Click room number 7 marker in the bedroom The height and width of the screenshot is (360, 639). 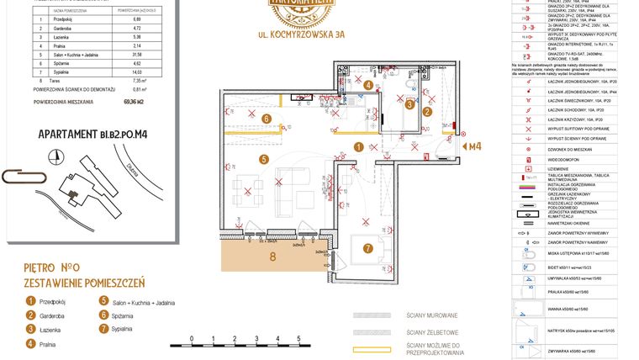pyautogui.click(x=367, y=248)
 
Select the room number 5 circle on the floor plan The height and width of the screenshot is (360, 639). pyautogui.click(x=263, y=158)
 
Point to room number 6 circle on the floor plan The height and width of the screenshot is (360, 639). pyautogui.click(x=266, y=119)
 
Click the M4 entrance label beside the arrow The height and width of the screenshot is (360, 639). pyautogui.click(x=475, y=146)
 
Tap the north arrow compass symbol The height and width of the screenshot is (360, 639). pyautogui.click(x=55, y=156)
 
